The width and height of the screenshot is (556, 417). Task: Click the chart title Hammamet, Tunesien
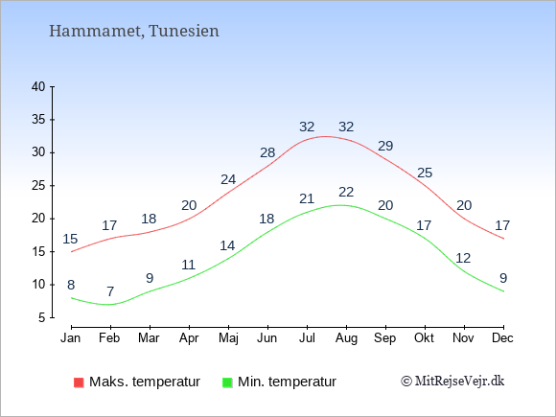click(133, 31)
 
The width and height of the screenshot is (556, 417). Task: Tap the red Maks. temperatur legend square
click(79, 382)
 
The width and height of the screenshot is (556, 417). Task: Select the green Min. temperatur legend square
click(227, 382)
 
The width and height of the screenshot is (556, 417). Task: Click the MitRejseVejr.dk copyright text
click(452, 382)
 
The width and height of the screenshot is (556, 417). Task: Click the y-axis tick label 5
click(42, 317)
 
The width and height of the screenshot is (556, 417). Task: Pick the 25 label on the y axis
click(38, 185)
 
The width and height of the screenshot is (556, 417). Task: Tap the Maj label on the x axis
click(228, 338)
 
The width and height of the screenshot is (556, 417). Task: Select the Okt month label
click(424, 338)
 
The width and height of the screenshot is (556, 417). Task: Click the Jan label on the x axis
click(71, 338)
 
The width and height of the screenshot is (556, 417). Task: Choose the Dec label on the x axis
click(502, 338)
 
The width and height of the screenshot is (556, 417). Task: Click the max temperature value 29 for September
click(385, 146)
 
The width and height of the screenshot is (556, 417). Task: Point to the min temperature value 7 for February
click(110, 291)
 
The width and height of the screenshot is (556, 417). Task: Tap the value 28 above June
click(267, 152)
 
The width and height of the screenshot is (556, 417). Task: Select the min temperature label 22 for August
click(346, 192)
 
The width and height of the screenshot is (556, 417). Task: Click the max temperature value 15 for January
click(70, 239)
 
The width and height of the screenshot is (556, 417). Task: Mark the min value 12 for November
click(463, 258)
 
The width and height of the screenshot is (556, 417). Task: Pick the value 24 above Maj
click(228, 179)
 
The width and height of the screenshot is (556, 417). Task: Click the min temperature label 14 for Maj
click(227, 245)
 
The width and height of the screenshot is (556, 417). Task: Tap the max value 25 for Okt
click(425, 173)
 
